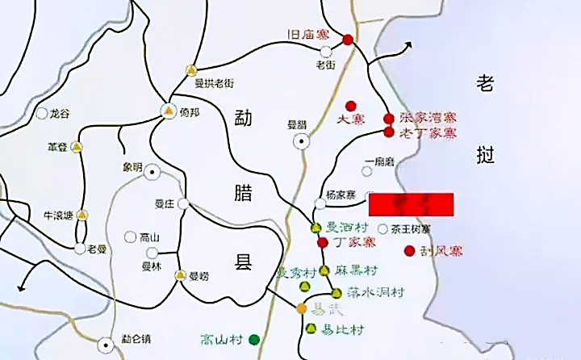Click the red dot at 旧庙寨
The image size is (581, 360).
pyautogui.click(x=348, y=40)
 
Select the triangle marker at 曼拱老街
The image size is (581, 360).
pyautogui.click(x=190, y=69)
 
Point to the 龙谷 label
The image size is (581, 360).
pyautogui.click(x=61, y=113)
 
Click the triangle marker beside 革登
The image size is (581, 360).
pyautogui.click(x=77, y=148)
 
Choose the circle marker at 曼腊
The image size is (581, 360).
pyautogui.click(x=302, y=141)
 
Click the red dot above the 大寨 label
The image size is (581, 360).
pyautogui.click(x=351, y=106)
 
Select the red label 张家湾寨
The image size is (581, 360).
pyautogui.click(x=428, y=118)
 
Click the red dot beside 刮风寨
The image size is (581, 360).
pyautogui.click(x=409, y=250)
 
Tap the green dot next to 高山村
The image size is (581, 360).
pyautogui.click(x=254, y=339)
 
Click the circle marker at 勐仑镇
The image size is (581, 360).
pyautogui.click(x=105, y=345)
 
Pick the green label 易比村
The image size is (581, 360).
pyautogui.click(x=343, y=329)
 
